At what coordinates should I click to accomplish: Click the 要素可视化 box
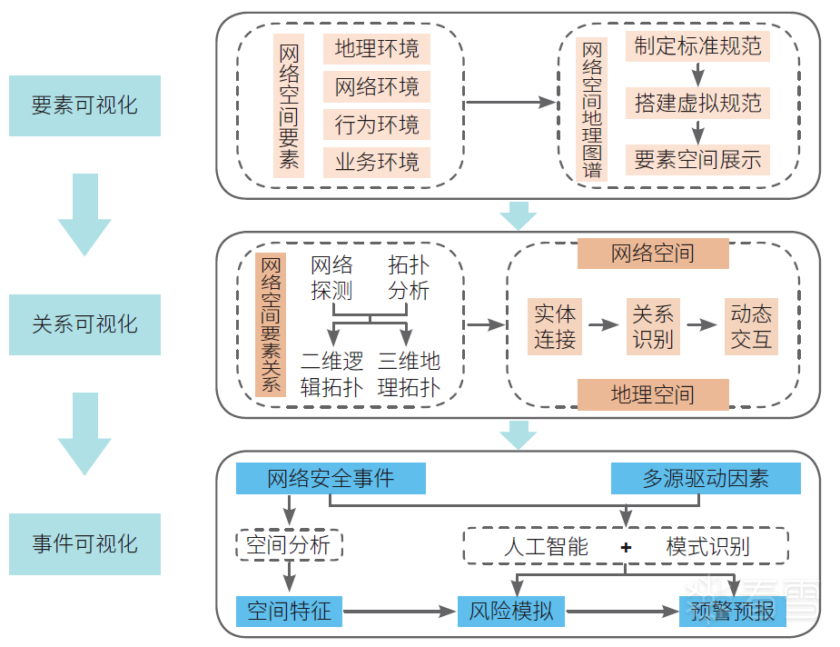coord(84,105)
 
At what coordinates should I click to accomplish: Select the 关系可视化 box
coord(84,324)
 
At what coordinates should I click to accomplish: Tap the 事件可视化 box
coord(84,544)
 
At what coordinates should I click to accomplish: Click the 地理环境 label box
coord(377,49)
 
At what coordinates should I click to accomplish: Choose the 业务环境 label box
coord(377,163)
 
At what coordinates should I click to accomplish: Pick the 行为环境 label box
coord(377,124)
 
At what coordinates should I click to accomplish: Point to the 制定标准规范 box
coord(697,46)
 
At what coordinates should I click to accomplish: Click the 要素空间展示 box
coord(697,161)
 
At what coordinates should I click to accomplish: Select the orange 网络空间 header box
coord(653,253)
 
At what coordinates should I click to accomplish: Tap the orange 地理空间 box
coord(653,394)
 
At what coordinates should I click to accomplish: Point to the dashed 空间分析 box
coord(289,546)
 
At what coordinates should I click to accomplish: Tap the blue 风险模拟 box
coord(511,611)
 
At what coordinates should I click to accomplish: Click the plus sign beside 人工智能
coord(626,547)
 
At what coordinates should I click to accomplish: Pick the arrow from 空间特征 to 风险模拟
coord(400,612)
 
